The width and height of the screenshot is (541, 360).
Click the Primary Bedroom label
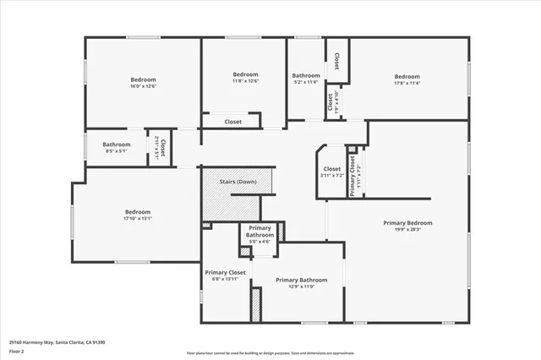tap(407, 223)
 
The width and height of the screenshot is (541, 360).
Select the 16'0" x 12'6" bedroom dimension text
tap(144, 86)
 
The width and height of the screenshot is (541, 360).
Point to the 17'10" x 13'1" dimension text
tap(138, 219)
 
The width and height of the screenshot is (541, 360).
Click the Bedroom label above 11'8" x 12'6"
tap(245, 74)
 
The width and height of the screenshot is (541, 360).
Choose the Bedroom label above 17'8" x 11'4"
tap(407, 76)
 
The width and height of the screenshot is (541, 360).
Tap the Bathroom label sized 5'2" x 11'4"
tap(305, 74)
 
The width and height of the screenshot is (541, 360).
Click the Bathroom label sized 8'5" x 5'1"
tap(116, 145)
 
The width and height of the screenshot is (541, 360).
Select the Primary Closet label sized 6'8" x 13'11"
tap(225, 273)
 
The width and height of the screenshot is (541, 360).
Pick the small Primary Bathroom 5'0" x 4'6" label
tap(260, 234)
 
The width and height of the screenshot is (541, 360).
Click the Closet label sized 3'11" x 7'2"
tap(332, 169)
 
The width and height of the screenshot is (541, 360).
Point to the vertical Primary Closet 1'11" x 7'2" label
tap(351, 169)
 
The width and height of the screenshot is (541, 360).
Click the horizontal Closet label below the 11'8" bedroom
tap(232, 122)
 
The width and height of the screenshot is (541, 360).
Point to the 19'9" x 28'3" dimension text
tap(407, 230)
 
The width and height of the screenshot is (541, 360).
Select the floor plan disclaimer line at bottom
tap(271, 352)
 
